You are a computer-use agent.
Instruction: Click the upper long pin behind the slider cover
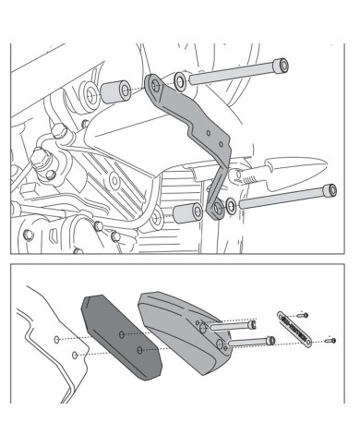tap(234, 325)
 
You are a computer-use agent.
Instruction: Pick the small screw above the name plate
tap(304, 315)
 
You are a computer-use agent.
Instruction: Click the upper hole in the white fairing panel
tap(58, 341)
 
